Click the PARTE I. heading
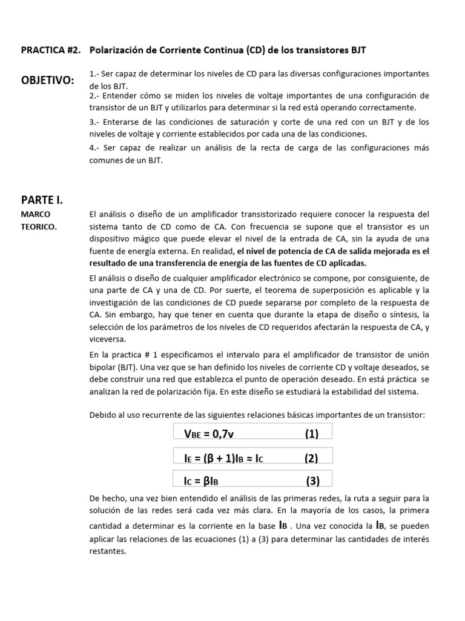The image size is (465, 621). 42,200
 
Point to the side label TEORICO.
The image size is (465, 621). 41,226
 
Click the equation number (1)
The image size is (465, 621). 311,433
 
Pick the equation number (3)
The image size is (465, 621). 312,482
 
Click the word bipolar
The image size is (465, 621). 103,368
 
